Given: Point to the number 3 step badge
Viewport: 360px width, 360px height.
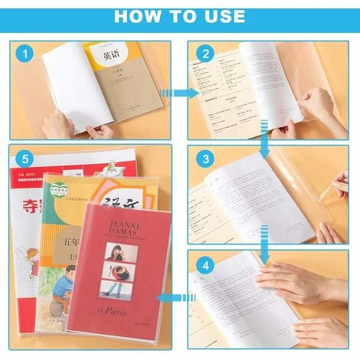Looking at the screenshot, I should click(x=205, y=160).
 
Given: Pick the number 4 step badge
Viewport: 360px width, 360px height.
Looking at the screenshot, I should click(x=205, y=266).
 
